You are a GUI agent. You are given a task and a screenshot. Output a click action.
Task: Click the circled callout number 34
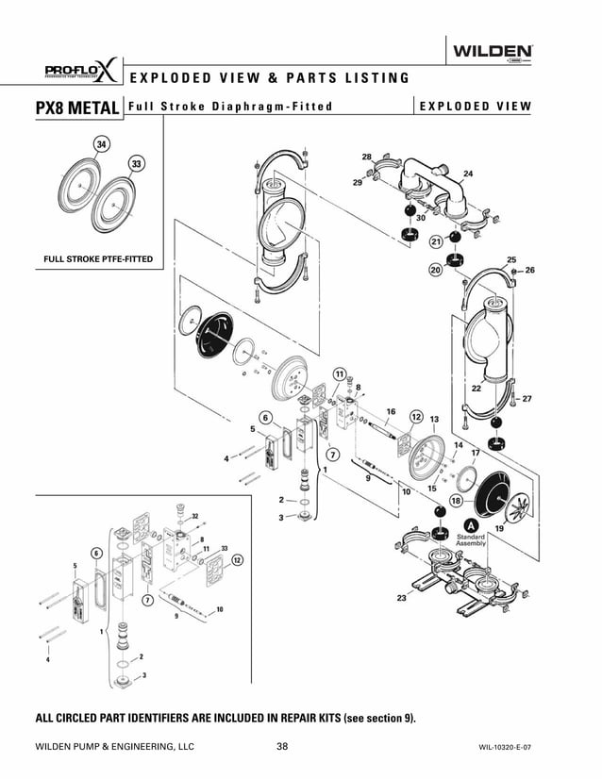click(101, 143)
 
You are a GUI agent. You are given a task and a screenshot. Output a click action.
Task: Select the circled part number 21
click(436, 242)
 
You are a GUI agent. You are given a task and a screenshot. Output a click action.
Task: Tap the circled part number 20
click(435, 270)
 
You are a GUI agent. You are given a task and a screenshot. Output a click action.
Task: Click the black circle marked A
click(470, 524)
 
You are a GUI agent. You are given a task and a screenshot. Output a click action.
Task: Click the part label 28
click(366, 156)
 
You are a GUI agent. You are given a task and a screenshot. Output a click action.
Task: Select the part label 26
click(529, 270)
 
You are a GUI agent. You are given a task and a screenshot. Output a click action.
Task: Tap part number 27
click(527, 398)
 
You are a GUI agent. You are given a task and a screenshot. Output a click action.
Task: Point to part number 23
click(402, 598)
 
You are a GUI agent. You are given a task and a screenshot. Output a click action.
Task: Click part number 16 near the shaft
click(390, 411)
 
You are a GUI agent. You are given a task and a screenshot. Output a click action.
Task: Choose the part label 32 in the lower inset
click(194, 516)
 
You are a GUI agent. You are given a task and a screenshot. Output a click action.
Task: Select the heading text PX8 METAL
click(63, 107)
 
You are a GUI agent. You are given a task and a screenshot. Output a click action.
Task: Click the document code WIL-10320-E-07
click(511, 747)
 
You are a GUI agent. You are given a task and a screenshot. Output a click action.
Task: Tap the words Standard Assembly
click(471, 540)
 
